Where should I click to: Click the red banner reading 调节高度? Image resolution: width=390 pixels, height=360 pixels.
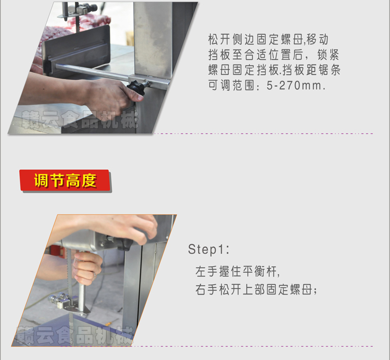click(x=64, y=180)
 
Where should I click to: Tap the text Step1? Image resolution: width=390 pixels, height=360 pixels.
click(x=209, y=249)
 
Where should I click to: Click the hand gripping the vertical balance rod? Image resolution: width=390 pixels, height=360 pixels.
click(x=86, y=265)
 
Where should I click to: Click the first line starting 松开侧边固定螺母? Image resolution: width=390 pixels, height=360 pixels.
click(x=267, y=40)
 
